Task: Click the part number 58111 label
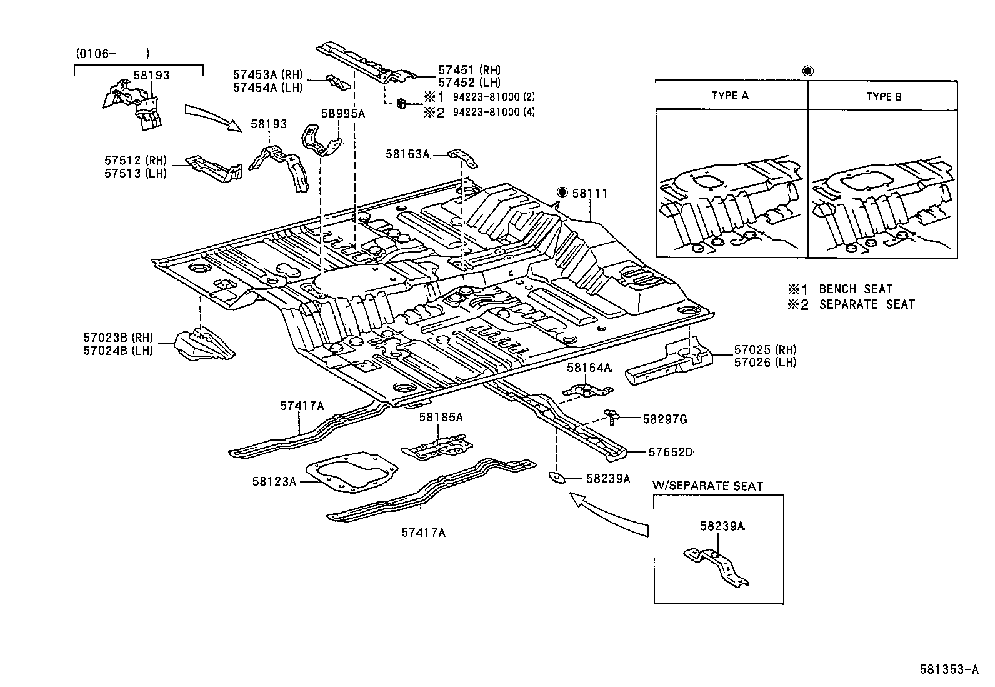pos(590,193)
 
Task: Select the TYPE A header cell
pos(730,96)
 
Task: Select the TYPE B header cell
pos(883,96)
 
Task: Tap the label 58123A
pos(274,481)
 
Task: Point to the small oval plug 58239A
pos(556,478)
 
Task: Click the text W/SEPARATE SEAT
pos(707,486)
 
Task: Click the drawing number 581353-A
pos(948,669)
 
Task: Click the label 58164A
pos(589,368)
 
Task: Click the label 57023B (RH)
pos(117,338)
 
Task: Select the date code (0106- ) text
pos(112,54)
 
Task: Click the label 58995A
pos(343,114)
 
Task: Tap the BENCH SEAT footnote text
pos(855,289)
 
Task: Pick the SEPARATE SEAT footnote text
pos(866,304)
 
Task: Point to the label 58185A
pos(441,417)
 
